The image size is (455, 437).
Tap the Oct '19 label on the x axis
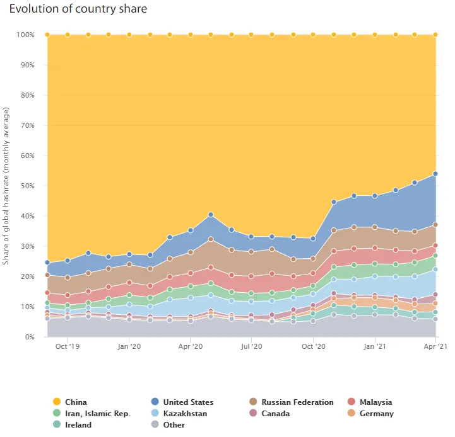click(x=68, y=346)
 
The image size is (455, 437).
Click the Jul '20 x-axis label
click(x=252, y=346)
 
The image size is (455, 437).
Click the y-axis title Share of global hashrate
click(x=6, y=186)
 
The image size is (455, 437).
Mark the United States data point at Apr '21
click(x=435, y=174)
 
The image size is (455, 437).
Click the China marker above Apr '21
click(x=435, y=35)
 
